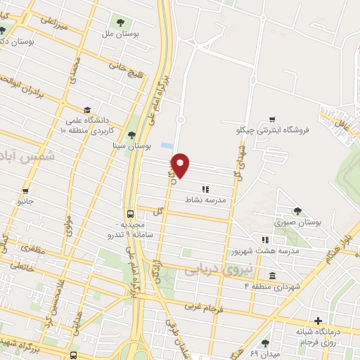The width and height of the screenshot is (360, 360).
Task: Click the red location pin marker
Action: pyautogui.click(x=181, y=165)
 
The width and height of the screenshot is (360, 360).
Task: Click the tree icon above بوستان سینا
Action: pyautogui.click(x=131, y=135)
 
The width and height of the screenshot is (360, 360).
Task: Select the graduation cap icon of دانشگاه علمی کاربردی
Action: pyautogui.click(x=87, y=110)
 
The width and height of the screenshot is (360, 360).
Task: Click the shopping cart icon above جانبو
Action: pyautogui.click(x=25, y=191)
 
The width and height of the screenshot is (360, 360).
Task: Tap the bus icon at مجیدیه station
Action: pyautogui.click(x=131, y=214)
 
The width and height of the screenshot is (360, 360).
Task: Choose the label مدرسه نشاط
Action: pyautogui.click(x=209, y=200)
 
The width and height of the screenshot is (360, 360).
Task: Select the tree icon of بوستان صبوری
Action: pyautogui.click(x=298, y=210)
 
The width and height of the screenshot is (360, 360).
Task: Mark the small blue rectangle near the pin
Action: pyautogui.click(x=166, y=145)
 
